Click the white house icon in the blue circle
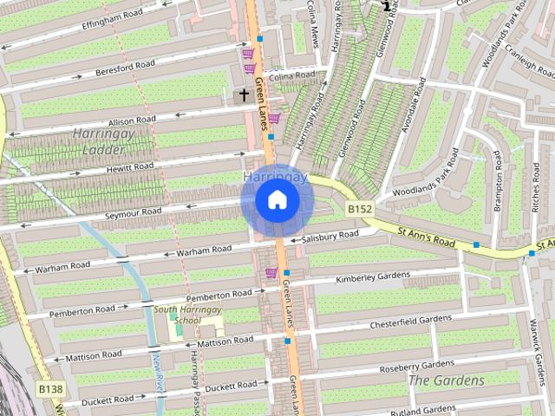pyautogui.click(x=277, y=200)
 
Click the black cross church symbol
pyautogui.click(x=244, y=96)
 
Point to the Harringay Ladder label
pyautogui.click(x=101, y=142)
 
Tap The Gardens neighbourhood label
pyautogui.click(x=446, y=380)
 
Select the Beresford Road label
pyautogui.click(x=125, y=65)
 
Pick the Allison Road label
pyautogui.click(x=132, y=120)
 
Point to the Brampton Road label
pyautogui.click(x=498, y=180)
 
